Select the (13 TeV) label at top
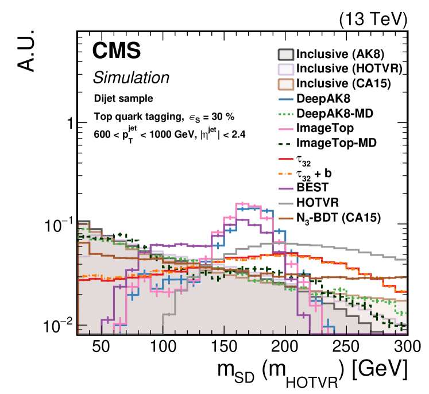(x=373, y=19)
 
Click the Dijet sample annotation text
(x=123, y=98)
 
